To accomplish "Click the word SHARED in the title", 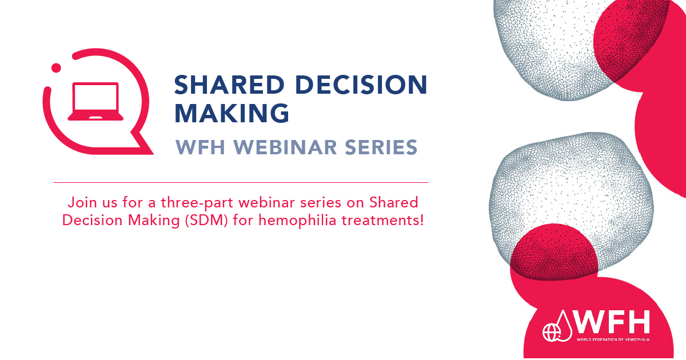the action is point(230,85).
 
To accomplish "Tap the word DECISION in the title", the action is point(361,85).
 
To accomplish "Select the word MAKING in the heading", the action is point(232,113).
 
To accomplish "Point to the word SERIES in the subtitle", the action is point(381,147).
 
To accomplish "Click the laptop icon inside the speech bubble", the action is point(95,101).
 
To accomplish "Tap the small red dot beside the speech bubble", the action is point(56,68).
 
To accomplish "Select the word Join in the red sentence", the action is point(82,203).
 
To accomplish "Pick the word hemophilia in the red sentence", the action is point(297,221).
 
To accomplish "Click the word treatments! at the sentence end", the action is point(383,221).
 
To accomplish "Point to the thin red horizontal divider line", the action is point(241,182).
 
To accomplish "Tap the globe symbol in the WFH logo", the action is point(551,333).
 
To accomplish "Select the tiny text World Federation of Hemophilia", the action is point(613,339).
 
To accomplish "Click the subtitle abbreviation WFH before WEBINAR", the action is point(201,147).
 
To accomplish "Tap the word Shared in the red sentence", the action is point(393,203).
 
